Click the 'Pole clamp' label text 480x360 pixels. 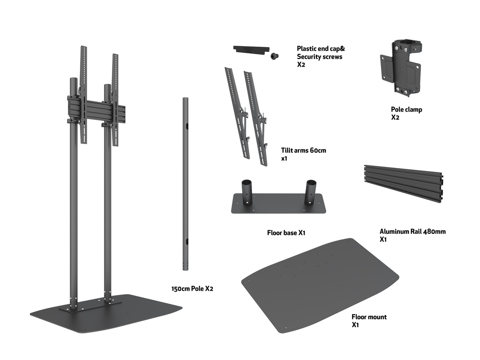pyautogui.click(x=406, y=109)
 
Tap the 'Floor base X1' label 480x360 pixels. pyautogui.click(x=286, y=232)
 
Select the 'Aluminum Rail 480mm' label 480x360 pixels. pyautogui.click(x=412, y=232)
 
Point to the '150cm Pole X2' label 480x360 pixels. pyautogui.click(x=192, y=288)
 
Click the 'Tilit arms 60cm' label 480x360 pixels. pyautogui.click(x=304, y=150)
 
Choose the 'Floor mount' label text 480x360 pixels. pyautogui.click(x=369, y=317)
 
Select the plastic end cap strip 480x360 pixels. pyautogui.click(x=250, y=48)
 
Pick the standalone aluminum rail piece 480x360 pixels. pyautogui.click(x=403, y=183)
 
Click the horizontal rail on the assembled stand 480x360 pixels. pyautogui.click(x=96, y=110)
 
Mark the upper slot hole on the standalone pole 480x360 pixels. pyautogui.click(x=187, y=127)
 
